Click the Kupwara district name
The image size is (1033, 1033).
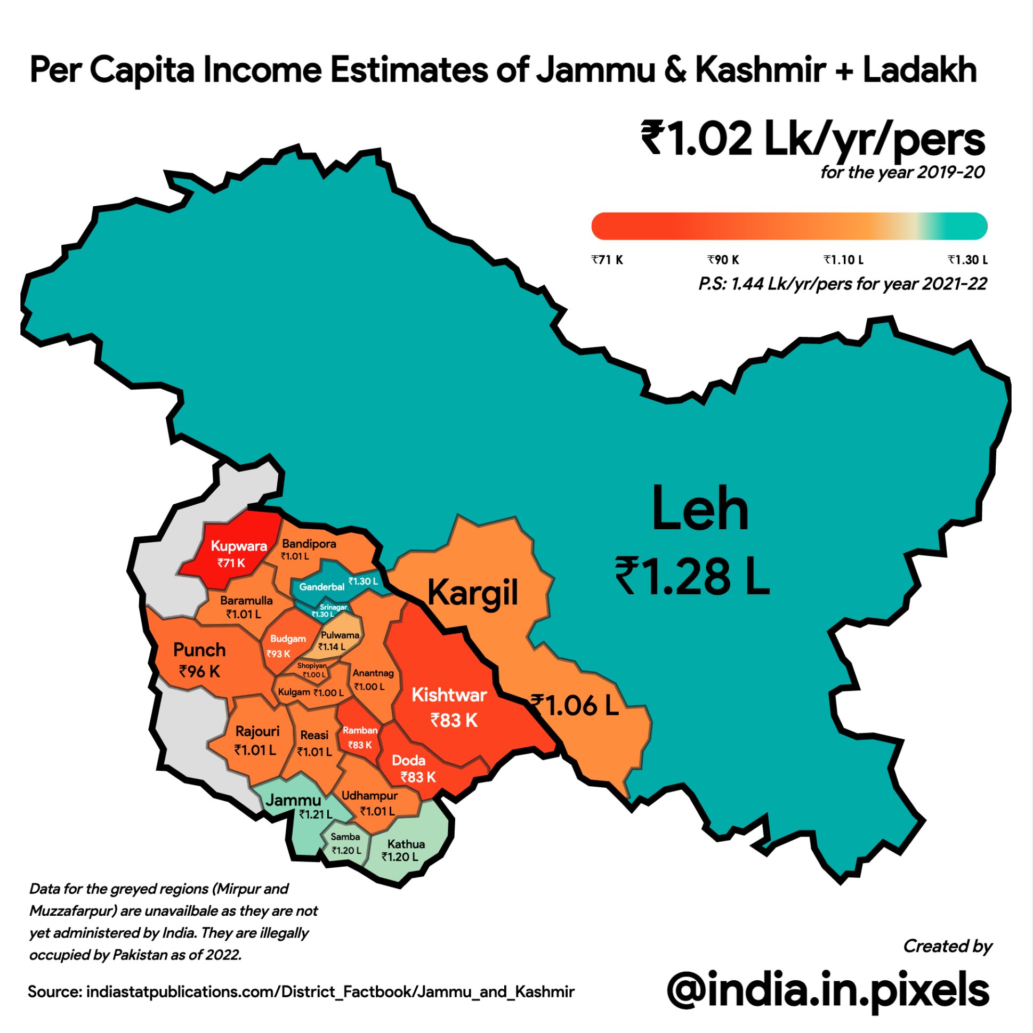pos(238,546)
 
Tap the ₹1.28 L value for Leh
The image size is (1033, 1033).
pos(692,577)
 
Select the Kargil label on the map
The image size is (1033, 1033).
pos(473,593)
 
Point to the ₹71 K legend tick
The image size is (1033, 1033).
pos(607,260)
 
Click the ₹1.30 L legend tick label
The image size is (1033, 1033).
pos(967,260)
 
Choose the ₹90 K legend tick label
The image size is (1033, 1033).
pos(723,260)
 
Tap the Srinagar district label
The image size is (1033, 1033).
pos(333,607)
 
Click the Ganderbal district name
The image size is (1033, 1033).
pos(321,586)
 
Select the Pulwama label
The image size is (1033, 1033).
pos(340,635)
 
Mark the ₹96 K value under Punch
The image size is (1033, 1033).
pos(199,672)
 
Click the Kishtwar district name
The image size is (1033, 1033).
pos(449,695)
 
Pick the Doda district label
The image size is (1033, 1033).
pos(408,760)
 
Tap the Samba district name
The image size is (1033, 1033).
pos(345,837)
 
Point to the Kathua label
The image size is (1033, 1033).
pos(406,844)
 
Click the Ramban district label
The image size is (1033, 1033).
pos(360,730)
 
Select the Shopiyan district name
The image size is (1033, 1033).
pos(312,666)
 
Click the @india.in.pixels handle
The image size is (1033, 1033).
pos(828,990)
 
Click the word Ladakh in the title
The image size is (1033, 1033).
pos(919,70)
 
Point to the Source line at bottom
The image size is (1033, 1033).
pos(301,992)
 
